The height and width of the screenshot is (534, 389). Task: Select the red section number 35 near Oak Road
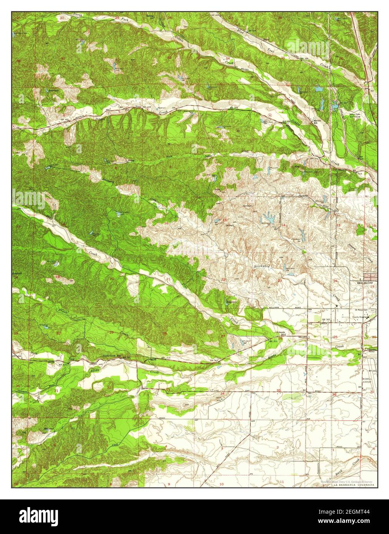pyautogui.click(x=279, y=390)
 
